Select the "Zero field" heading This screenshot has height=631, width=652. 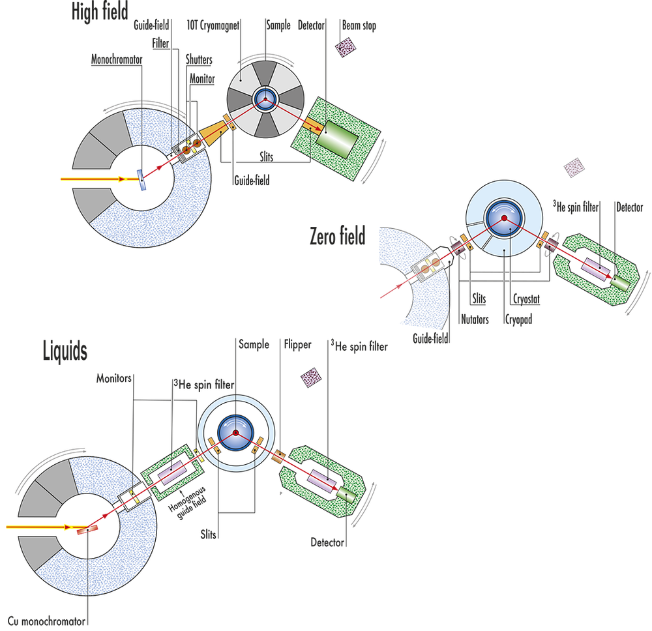pos(338,236)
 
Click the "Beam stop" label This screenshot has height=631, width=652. pos(359,27)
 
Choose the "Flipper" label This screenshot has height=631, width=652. pos(299,344)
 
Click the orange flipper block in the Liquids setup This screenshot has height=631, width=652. pos(280,454)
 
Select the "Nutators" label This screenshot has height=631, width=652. pos(474,320)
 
